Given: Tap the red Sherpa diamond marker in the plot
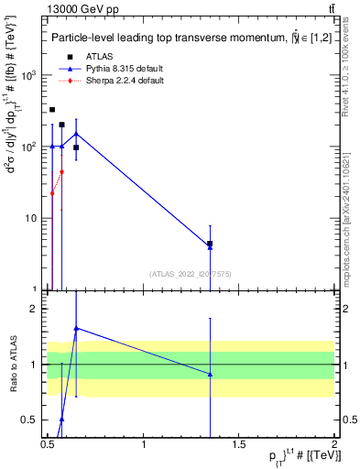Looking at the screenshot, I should (61, 171).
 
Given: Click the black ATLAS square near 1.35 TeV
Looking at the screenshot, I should (210, 244).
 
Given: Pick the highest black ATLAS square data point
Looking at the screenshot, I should (52, 110).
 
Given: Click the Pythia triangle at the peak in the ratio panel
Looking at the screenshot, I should (76, 327).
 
